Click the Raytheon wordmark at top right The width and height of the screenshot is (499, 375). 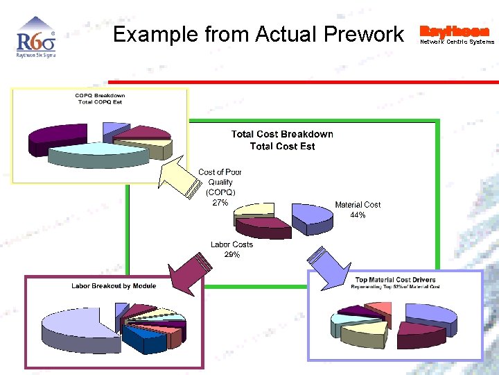pos(455,31)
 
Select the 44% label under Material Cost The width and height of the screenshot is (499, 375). pos(358,215)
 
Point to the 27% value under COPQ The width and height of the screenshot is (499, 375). pos(220,203)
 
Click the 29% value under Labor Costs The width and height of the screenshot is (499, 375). pos(231,255)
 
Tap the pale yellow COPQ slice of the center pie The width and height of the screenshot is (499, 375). pos(254,209)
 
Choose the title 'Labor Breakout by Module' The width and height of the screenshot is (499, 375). pos(114,286)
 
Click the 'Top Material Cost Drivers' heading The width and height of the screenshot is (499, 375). pos(395,281)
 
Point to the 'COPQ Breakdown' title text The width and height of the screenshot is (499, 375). pos(100,95)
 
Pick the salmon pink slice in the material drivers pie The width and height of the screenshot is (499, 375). pos(378,309)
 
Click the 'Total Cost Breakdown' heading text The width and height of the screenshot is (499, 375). pos(282,134)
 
